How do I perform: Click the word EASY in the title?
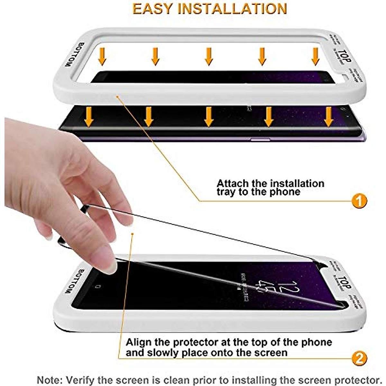pyautogui.click(x=152, y=9)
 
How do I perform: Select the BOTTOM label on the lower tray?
pyautogui.click(x=69, y=281)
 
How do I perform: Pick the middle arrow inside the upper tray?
pyautogui.click(x=209, y=56)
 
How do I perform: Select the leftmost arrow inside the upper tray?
pyautogui.click(x=102, y=56)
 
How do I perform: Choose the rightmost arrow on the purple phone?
pyautogui.click(x=328, y=116)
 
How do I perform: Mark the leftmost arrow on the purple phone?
pyautogui.click(x=89, y=116)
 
